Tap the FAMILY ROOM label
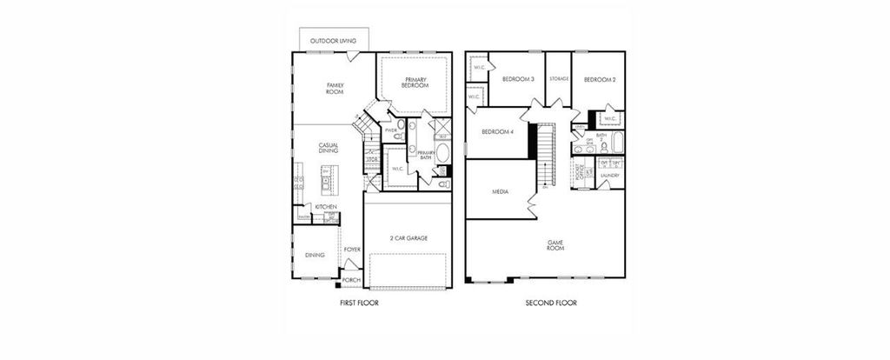pyautogui.click(x=335, y=88)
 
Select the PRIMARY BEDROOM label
pyautogui.click(x=415, y=83)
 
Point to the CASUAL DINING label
pyautogui.click(x=329, y=148)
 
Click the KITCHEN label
pyautogui.click(x=326, y=207)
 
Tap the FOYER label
pyautogui.click(x=352, y=250)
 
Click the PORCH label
pyautogui.click(x=351, y=280)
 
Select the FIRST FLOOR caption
pyautogui.click(x=358, y=304)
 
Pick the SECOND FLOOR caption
pyautogui.click(x=551, y=304)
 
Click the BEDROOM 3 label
pyautogui.click(x=517, y=79)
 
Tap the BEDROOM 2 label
pyautogui.click(x=600, y=79)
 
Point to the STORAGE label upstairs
pyautogui.click(x=559, y=79)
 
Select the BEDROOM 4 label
pyautogui.click(x=498, y=131)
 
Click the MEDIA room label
pyautogui.click(x=501, y=191)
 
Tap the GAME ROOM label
pyautogui.click(x=555, y=244)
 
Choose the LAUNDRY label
pyautogui.click(x=609, y=176)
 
